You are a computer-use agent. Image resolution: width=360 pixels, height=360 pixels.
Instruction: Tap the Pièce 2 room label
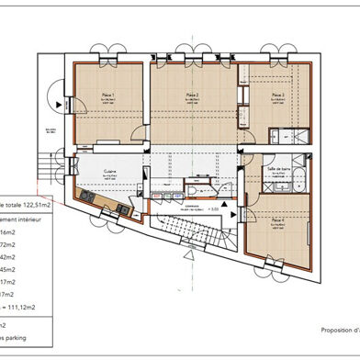point(192,96)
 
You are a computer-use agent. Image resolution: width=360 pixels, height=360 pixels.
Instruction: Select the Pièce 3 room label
point(277,96)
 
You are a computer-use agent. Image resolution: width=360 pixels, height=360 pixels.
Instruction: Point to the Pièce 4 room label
point(277,221)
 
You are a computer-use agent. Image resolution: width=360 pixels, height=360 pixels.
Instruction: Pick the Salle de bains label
point(277,171)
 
